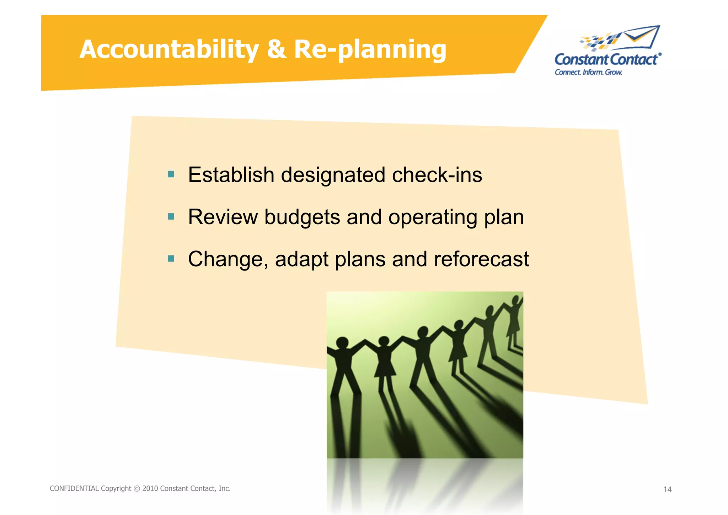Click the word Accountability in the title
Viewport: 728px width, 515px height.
[x=169, y=49]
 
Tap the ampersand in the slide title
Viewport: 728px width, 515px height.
[x=276, y=49]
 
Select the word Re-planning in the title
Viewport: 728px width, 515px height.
[x=370, y=49]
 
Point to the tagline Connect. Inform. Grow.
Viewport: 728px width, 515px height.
[x=588, y=72]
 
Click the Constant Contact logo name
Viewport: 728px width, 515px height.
[x=606, y=59]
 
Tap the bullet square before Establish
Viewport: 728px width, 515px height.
[x=171, y=174]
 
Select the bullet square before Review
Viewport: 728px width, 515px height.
[x=171, y=216]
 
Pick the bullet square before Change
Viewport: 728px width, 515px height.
[x=171, y=258]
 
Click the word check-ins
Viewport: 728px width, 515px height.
[x=437, y=175]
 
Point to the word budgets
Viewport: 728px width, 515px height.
[x=302, y=217]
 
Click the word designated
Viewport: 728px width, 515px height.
[x=333, y=175]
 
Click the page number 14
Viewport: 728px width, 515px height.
[x=667, y=489]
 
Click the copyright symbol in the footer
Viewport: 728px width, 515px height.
[x=136, y=489]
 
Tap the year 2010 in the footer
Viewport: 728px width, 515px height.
[x=150, y=488]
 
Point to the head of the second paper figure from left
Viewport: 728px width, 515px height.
[x=384, y=341]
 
